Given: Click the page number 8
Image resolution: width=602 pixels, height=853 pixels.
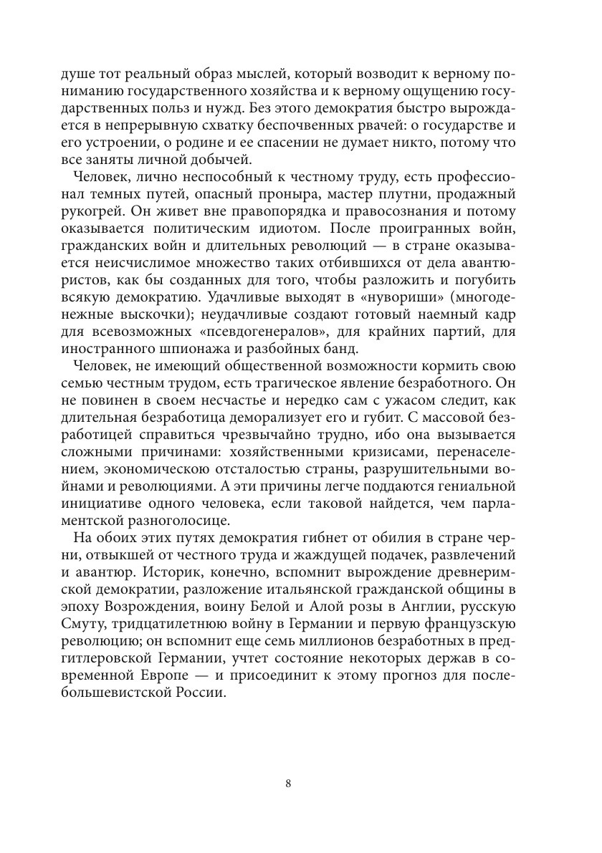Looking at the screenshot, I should (x=287, y=783).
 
